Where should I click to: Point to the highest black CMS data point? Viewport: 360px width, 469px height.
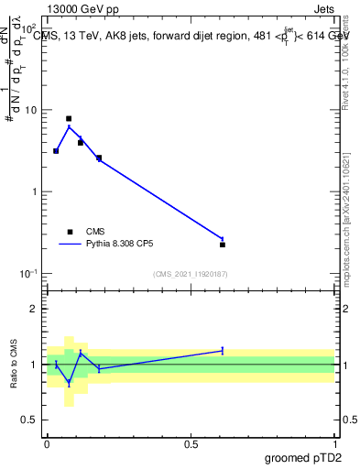(69, 119)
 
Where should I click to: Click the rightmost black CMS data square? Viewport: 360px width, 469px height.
(223, 245)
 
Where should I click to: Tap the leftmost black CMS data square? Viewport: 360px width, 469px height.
(56, 151)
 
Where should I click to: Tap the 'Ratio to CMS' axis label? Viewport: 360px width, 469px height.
(14, 363)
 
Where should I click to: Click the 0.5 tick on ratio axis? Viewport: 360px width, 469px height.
(30, 420)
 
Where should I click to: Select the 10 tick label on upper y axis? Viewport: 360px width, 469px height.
(31, 111)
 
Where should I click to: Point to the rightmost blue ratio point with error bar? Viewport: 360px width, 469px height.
(223, 350)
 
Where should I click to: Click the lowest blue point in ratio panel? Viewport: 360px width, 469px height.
(69, 382)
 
